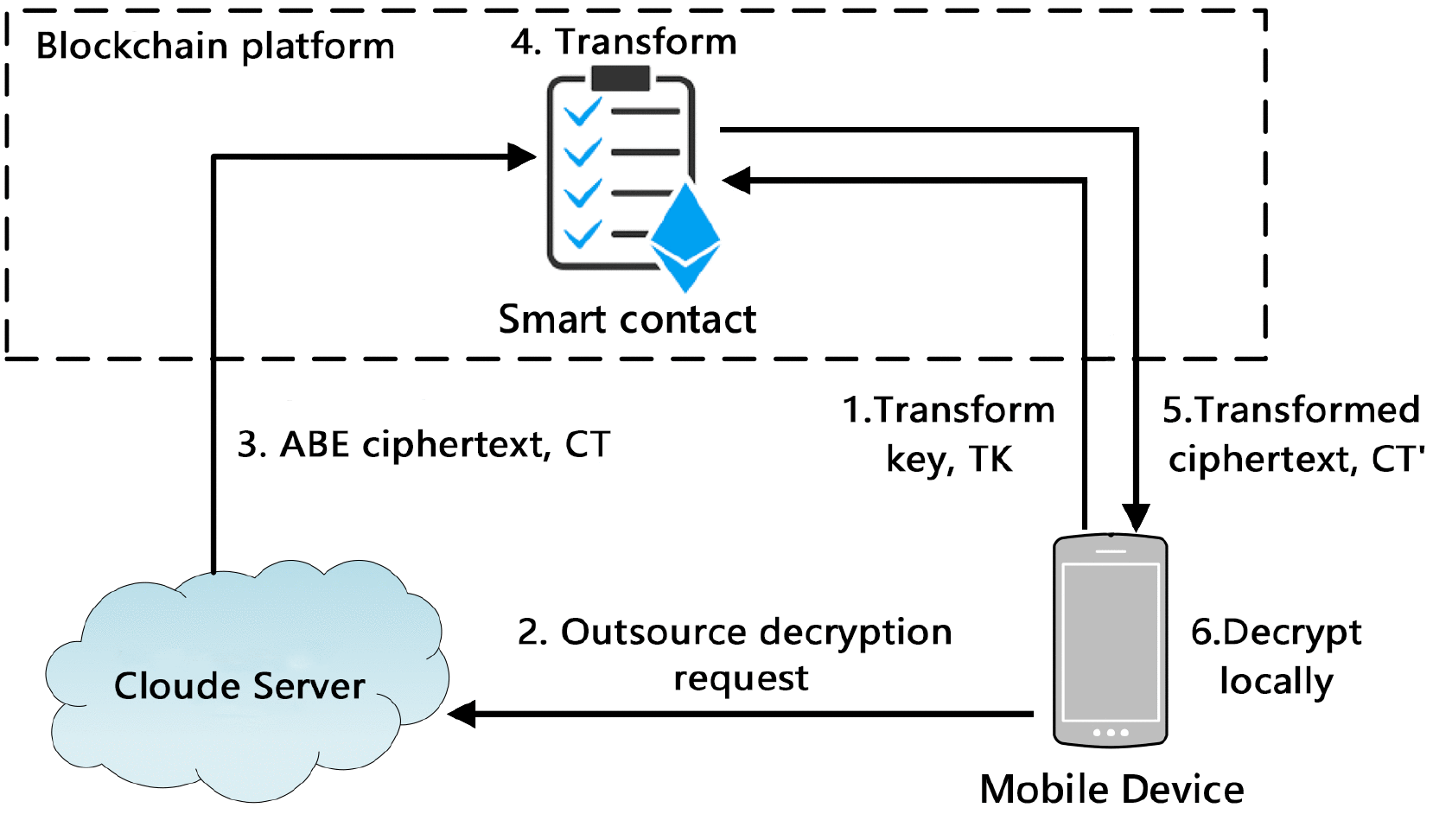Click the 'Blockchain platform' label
(214, 46)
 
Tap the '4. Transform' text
(623, 41)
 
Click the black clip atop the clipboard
(621, 78)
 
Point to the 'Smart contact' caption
(627, 320)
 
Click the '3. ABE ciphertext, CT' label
(424, 445)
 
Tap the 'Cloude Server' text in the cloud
(239, 686)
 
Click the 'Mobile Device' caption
(1111, 789)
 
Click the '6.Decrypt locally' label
(1276, 657)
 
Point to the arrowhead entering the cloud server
(462, 714)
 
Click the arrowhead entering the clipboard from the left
(522, 156)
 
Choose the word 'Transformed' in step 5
(1307, 410)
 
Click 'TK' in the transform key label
(990, 460)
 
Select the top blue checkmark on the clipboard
(583, 112)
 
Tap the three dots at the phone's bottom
(1111, 733)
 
